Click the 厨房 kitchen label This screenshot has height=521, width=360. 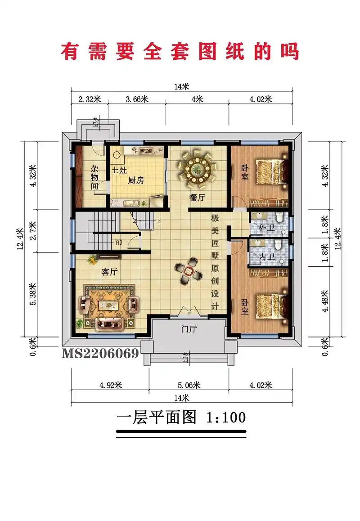point(136,180)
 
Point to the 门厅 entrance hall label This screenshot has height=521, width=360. point(189,329)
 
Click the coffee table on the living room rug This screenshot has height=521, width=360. point(108,305)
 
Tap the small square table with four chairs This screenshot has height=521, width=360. point(188,271)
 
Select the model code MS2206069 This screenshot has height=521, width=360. point(100,353)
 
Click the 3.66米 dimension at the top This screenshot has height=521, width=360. point(137,99)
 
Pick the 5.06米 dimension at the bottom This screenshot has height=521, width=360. point(189,385)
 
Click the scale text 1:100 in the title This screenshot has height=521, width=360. point(225,417)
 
